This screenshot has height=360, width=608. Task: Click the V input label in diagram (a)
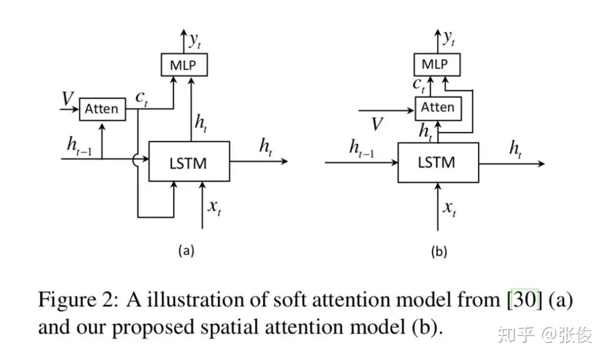(x=68, y=98)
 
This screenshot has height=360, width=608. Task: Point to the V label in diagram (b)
(x=377, y=124)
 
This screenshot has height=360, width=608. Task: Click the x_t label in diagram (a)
(x=214, y=208)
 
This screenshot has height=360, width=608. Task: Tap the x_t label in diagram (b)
(x=450, y=209)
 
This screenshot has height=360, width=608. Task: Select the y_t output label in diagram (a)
(x=195, y=40)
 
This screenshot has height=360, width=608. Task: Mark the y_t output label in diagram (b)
(x=449, y=38)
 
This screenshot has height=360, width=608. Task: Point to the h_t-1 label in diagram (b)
(x=361, y=148)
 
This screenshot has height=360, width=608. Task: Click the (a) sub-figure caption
(x=186, y=250)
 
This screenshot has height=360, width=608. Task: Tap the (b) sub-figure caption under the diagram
(x=439, y=251)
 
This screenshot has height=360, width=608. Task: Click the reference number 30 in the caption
(x=525, y=300)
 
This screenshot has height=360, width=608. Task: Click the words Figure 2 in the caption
(x=77, y=300)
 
